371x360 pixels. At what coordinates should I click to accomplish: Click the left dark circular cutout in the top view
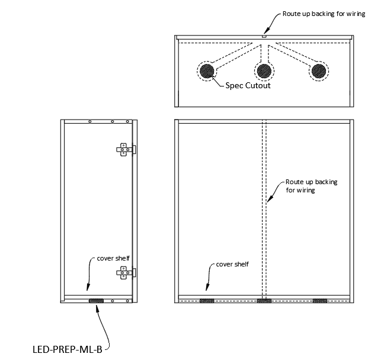point(207,71)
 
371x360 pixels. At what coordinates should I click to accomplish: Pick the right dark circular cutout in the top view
point(318,71)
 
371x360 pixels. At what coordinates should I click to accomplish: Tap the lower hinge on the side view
point(124,273)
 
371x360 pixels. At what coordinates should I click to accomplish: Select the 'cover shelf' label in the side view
point(110,259)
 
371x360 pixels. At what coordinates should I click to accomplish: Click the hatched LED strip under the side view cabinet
point(95,301)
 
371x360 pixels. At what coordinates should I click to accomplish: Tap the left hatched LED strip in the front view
point(207,301)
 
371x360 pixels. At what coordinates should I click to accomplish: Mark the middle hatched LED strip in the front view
point(264,301)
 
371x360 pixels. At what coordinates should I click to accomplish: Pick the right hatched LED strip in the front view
point(320,301)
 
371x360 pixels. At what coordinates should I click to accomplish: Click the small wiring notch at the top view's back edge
point(264,37)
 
